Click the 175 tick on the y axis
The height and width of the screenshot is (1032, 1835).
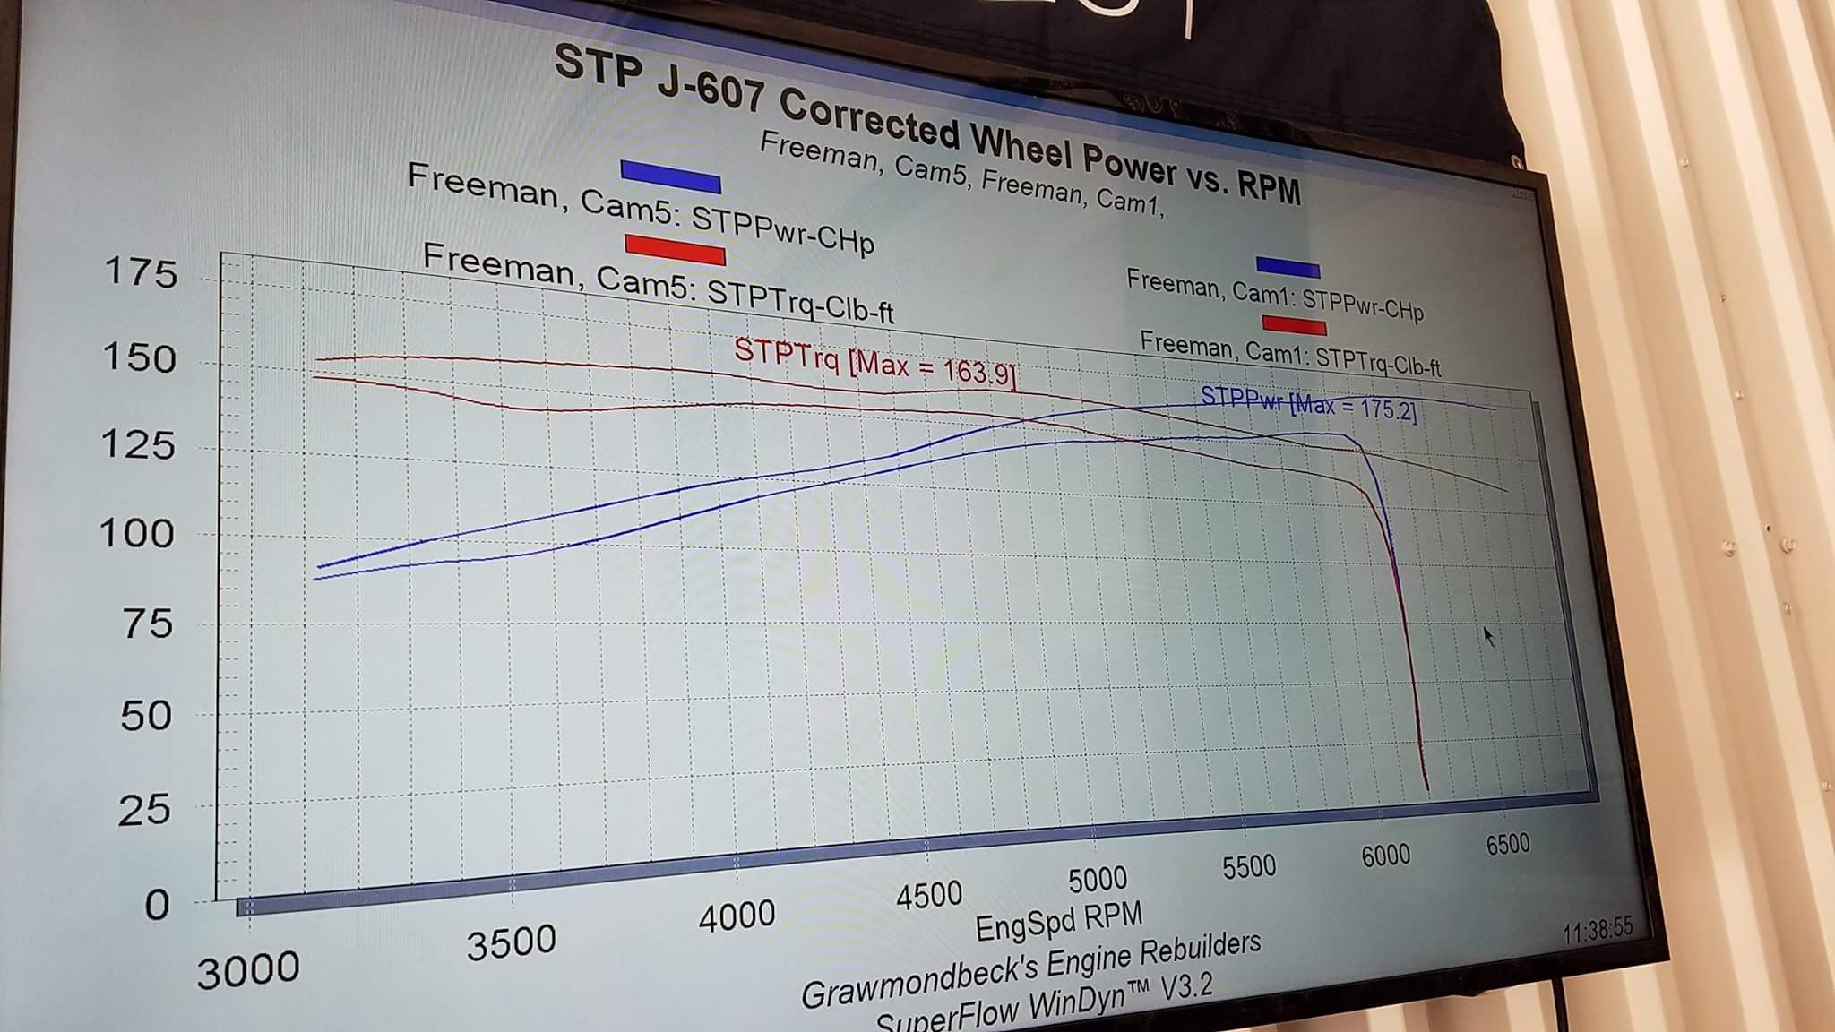[142, 271]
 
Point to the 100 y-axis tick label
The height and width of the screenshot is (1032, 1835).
[136, 534]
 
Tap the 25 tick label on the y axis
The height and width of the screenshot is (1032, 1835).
[144, 810]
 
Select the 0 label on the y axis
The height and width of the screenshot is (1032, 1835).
[157, 905]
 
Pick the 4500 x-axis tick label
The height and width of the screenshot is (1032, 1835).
[929, 895]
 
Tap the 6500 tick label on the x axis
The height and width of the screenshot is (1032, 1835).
[1508, 845]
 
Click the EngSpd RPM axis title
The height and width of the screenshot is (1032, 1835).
[1059, 922]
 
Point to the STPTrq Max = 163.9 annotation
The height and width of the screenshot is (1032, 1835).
[875, 362]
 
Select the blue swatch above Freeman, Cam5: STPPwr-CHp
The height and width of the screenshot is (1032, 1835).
[670, 176]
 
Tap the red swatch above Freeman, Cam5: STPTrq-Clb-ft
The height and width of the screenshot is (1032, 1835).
[675, 248]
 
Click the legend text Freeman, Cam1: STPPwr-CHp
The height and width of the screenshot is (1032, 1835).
[1274, 295]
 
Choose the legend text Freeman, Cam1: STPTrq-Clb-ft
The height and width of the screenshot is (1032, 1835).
[1289, 353]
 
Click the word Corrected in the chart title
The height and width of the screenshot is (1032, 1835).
[868, 122]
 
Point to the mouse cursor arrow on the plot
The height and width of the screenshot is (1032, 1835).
[1488, 635]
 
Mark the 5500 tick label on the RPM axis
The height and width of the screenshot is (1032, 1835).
[1248, 866]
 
